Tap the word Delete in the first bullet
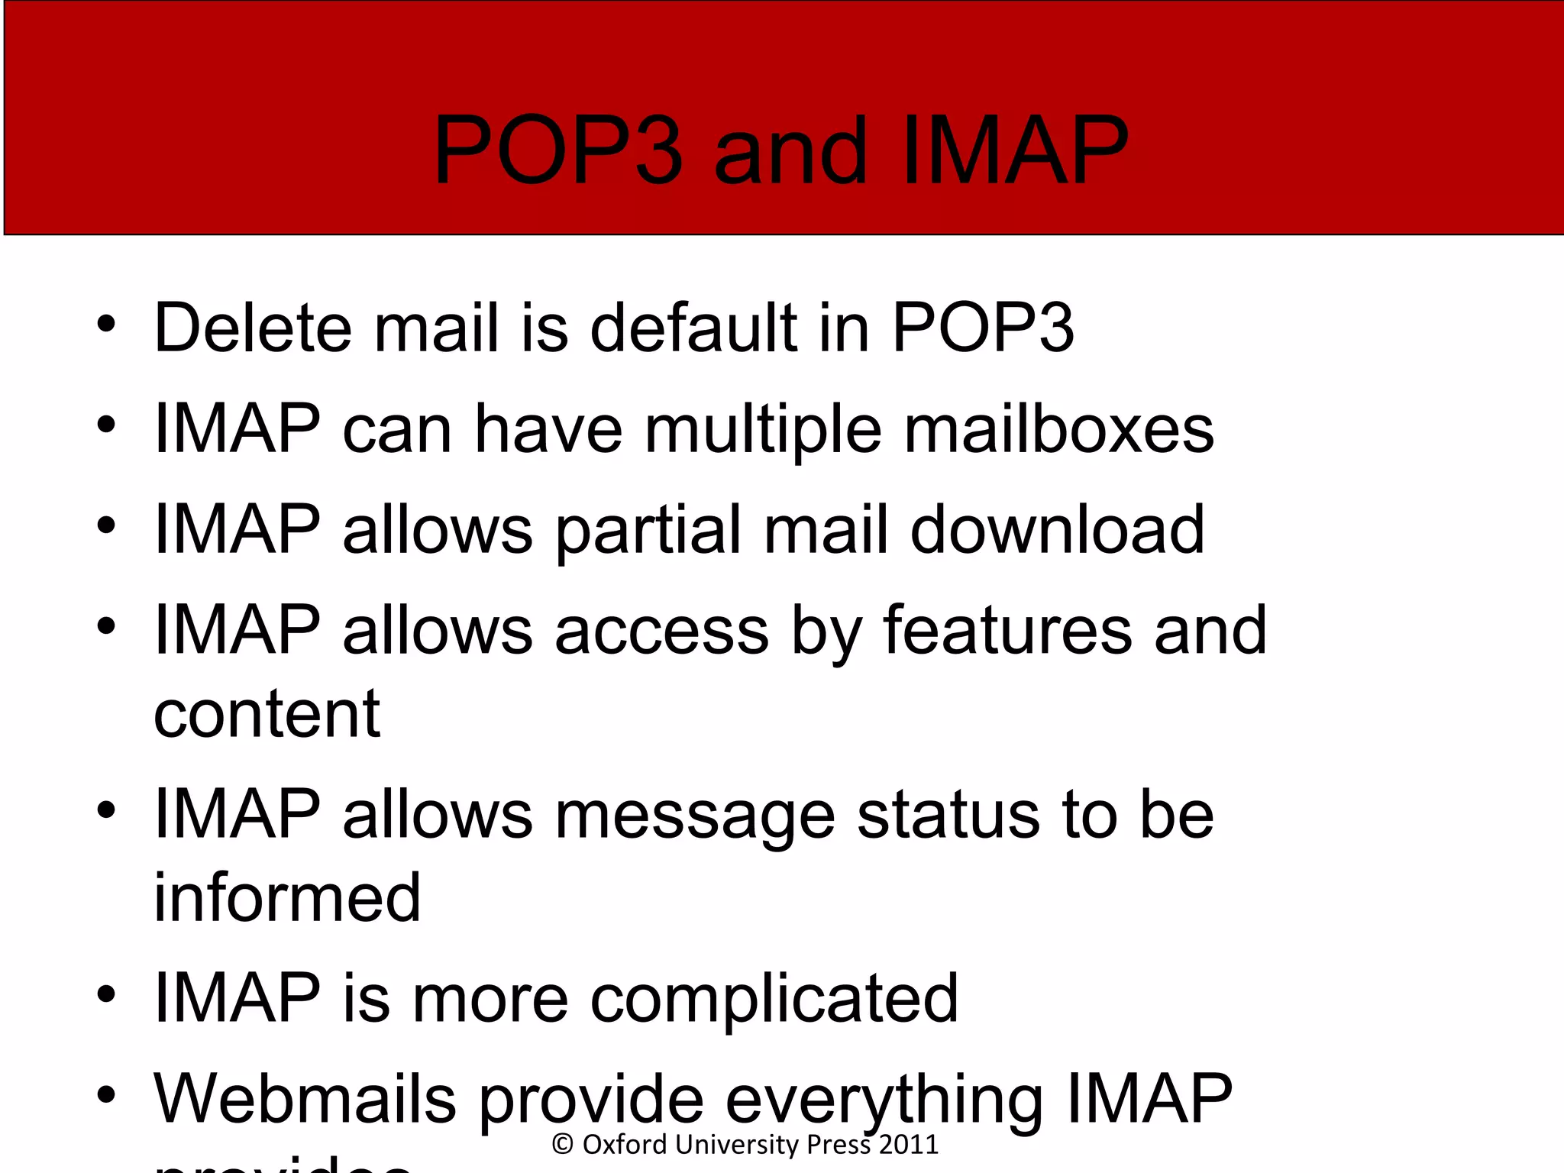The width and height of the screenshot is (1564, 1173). tap(252, 328)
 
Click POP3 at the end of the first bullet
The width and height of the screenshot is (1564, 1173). tap(983, 328)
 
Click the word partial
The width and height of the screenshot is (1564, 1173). tap(648, 531)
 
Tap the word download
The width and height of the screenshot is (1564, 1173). tap(1057, 529)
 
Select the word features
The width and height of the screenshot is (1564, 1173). tap(1007, 631)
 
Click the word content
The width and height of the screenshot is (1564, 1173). tap(267, 715)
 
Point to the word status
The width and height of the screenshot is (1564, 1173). tap(948, 814)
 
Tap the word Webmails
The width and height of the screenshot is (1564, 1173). tap(305, 1099)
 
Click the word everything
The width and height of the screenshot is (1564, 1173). tap(884, 1100)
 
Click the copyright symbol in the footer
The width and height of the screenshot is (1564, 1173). tap(562, 1145)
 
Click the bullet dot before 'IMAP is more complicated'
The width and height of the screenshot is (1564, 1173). tap(106, 994)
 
